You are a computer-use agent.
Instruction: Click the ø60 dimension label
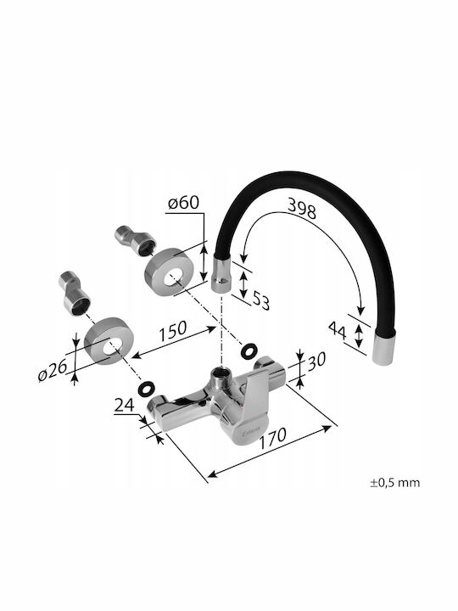(x=183, y=203)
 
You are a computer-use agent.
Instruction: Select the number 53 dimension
(x=260, y=300)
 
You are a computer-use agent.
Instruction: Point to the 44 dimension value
(x=337, y=330)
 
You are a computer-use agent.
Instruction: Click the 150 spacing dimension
(x=172, y=331)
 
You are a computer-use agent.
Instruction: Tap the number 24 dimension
(x=124, y=406)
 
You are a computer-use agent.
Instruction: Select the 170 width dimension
(x=272, y=438)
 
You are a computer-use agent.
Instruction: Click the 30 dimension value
(x=316, y=361)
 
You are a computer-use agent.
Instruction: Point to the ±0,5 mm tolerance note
(x=395, y=483)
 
